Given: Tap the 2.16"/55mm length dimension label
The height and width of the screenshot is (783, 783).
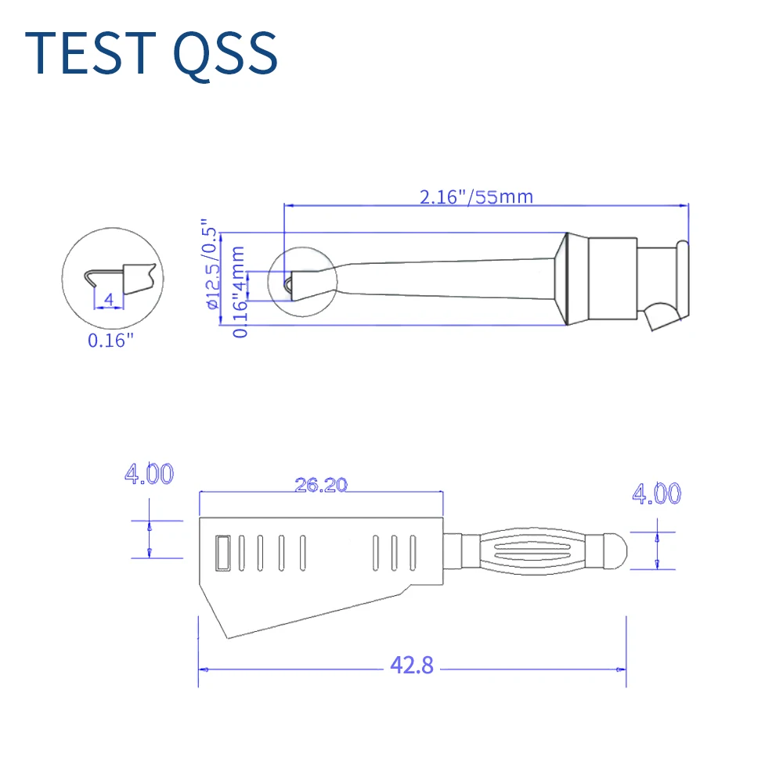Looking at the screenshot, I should [475, 196].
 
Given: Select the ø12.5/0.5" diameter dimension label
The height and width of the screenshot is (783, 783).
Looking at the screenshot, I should [211, 264].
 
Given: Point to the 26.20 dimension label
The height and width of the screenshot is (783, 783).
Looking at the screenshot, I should [320, 485].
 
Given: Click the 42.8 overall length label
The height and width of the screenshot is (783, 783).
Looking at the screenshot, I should [412, 666].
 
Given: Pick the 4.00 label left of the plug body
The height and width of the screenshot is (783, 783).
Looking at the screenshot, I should [149, 474].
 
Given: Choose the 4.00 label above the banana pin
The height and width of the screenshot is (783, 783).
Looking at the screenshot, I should [656, 493].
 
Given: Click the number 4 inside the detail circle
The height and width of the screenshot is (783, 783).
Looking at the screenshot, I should [109, 299].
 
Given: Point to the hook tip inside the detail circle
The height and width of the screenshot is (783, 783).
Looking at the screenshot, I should [88, 275].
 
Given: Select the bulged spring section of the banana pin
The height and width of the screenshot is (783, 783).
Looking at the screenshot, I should [537, 547].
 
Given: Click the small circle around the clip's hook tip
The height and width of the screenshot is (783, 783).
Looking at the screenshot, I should [301, 281].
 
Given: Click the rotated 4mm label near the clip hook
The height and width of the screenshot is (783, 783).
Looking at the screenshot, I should [239, 266].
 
